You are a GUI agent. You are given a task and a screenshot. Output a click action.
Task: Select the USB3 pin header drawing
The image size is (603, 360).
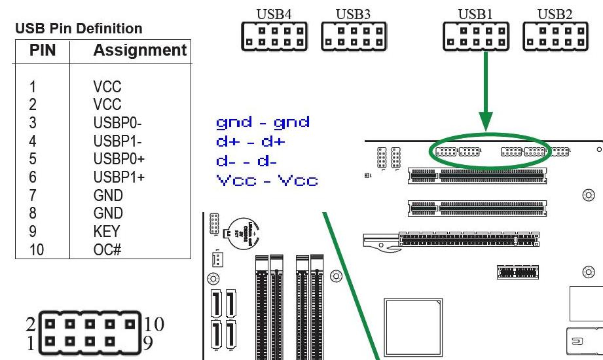tap(354, 37)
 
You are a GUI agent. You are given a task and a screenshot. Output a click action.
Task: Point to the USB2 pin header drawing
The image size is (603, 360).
tap(555, 37)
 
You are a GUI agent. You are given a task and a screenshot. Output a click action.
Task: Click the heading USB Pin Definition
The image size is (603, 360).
tap(79, 29)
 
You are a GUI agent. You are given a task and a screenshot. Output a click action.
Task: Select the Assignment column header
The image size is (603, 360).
tap(139, 50)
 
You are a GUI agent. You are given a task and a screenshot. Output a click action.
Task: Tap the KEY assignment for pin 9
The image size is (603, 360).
tap(107, 232)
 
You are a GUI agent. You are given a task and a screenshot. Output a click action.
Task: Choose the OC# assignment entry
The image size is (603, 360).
tap(107, 249)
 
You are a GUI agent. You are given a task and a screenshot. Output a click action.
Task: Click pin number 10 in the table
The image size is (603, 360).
tap(37, 249)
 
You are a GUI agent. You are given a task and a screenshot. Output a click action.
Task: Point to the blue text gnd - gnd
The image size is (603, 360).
tap(263, 122)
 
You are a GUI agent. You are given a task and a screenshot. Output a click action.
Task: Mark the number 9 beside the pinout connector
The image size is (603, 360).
tap(149, 343)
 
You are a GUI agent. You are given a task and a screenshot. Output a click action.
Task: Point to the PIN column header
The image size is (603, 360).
tap(43, 50)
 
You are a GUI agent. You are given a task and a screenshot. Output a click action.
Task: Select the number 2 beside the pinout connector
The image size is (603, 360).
tap(31, 323)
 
